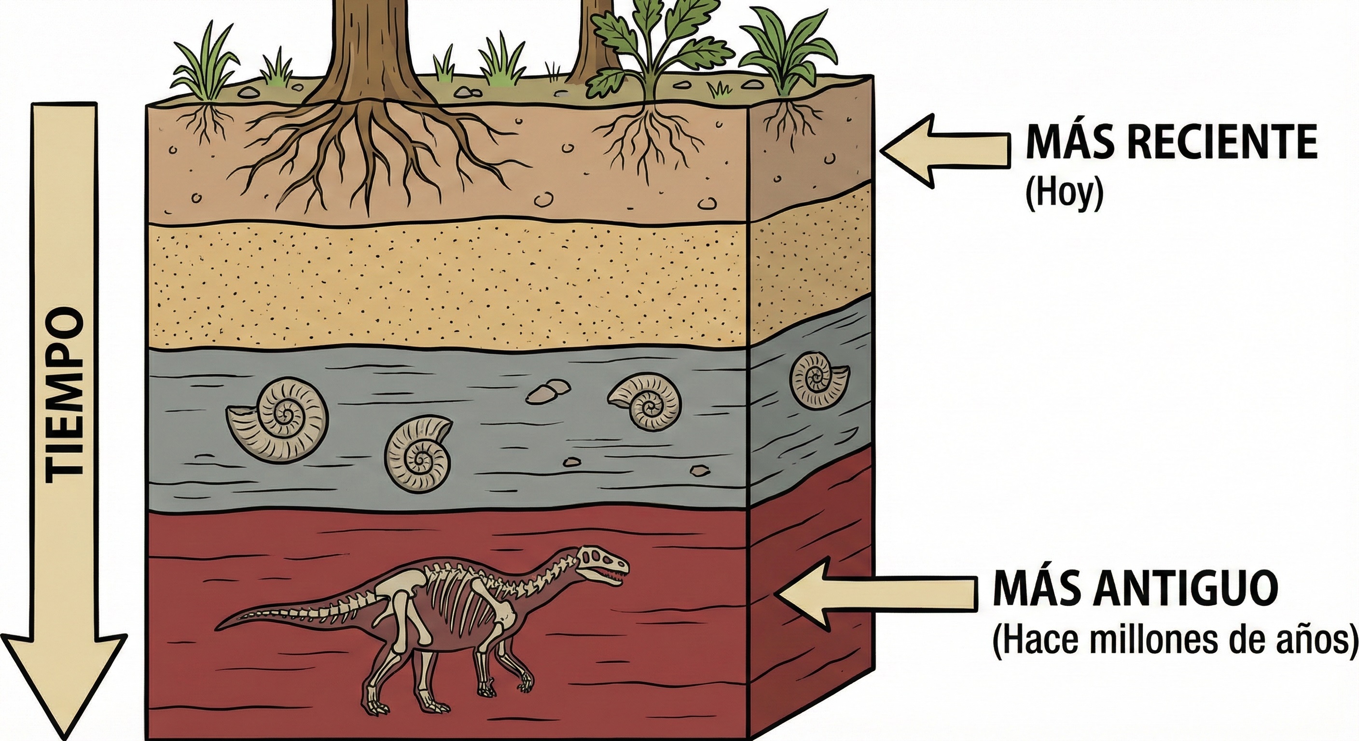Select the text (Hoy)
pos(1064,193)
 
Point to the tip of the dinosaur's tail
pos(218,628)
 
